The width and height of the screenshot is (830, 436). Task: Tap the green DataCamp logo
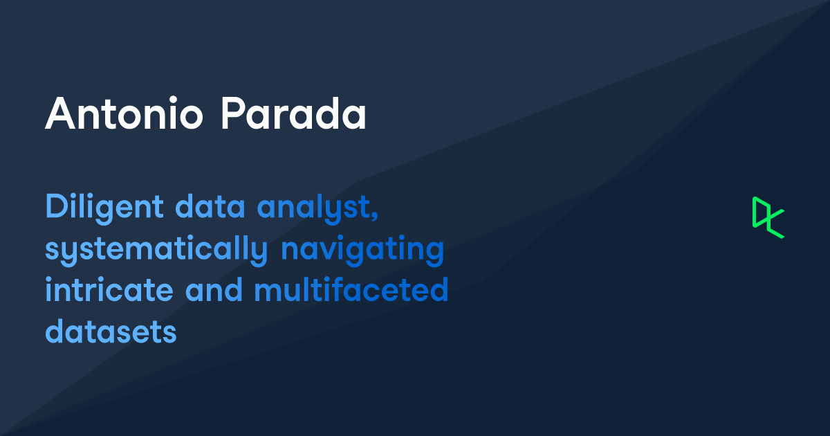(768, 217)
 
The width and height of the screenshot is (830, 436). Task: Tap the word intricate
(110, 291)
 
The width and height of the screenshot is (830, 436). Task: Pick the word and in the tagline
(214, 291)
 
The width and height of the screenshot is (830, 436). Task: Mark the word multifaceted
(351, 291)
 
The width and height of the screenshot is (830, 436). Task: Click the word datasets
(111, 333)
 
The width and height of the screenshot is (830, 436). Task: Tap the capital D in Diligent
(55, 207)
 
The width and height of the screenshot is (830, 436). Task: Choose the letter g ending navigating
(434, 253)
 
